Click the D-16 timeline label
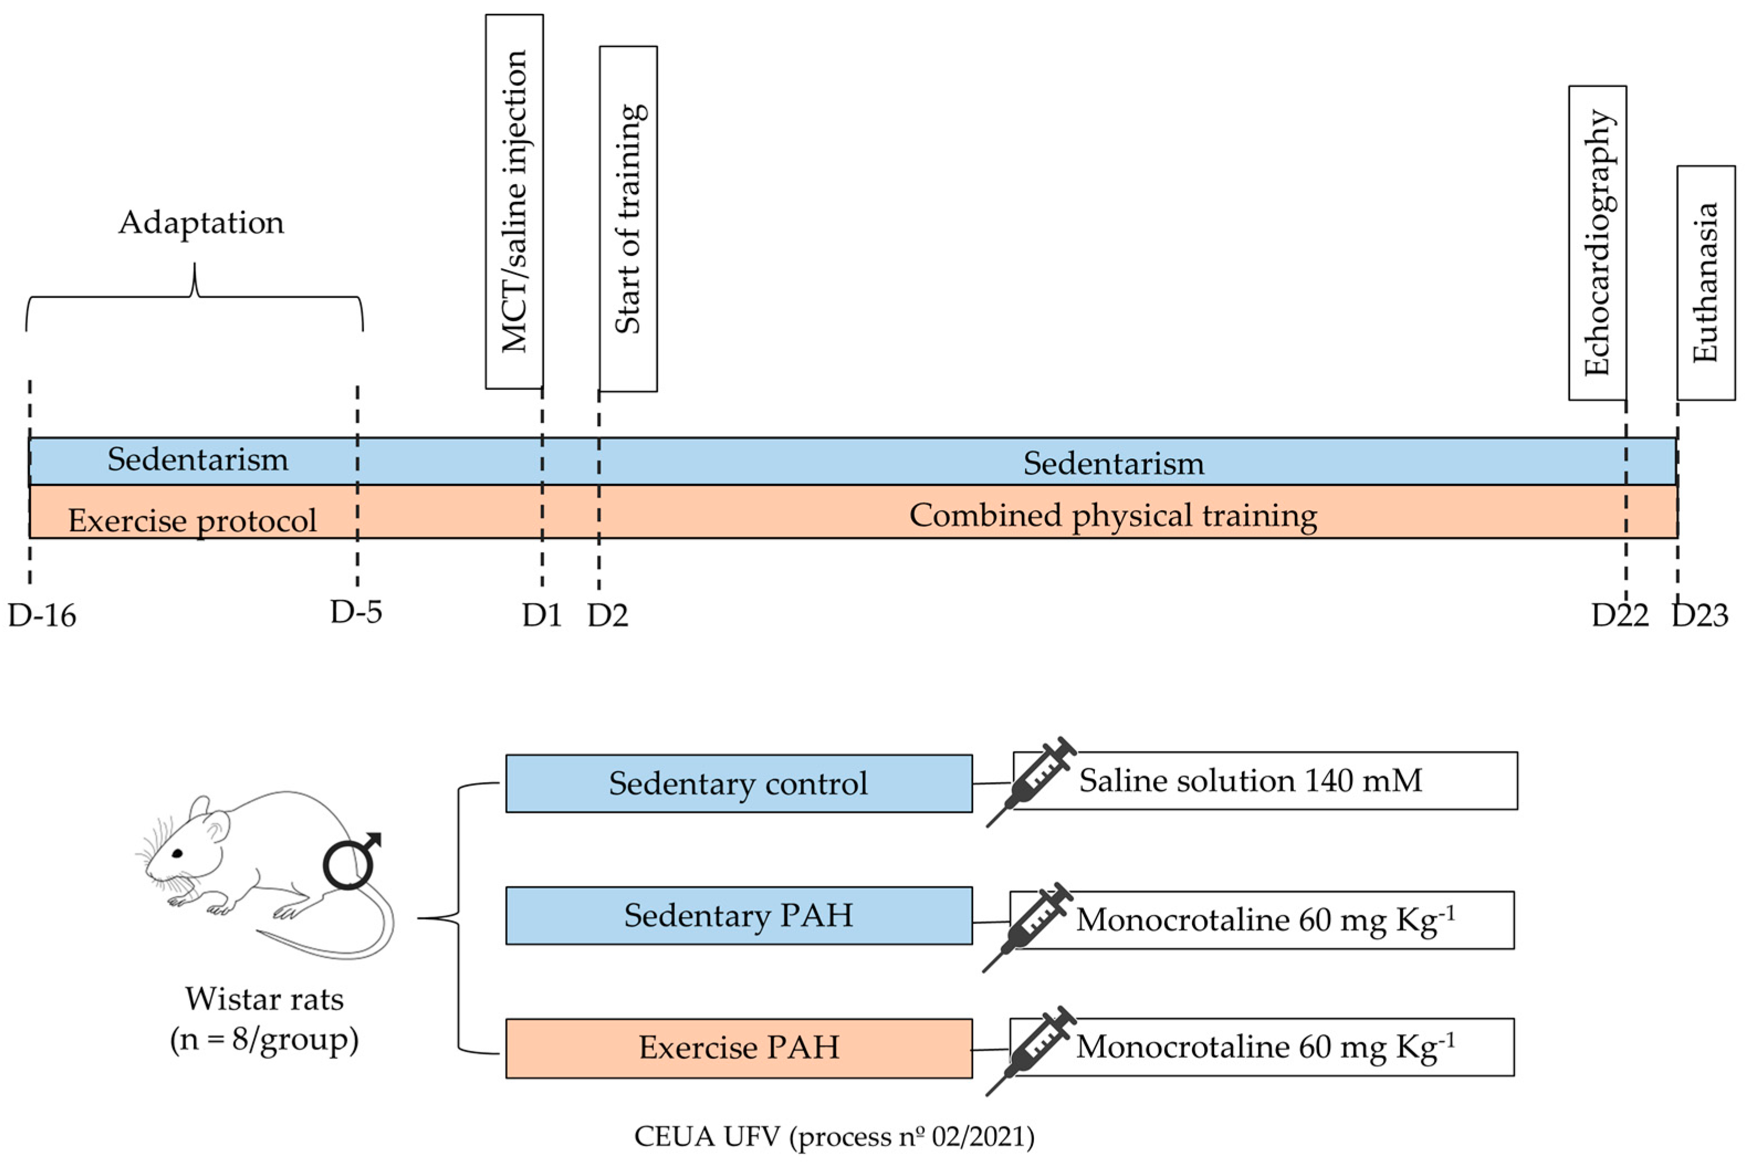43,615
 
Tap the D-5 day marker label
356,612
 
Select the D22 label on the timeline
1619,615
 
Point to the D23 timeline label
1699,615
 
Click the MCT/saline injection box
515,201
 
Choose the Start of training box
628,218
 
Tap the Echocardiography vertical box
1597,243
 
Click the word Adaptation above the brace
201,223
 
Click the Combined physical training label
1112,515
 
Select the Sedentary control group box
738,784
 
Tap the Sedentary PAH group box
738,915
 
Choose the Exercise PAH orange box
738,1047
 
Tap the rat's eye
177,854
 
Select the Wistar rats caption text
264,999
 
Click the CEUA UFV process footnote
833,1136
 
